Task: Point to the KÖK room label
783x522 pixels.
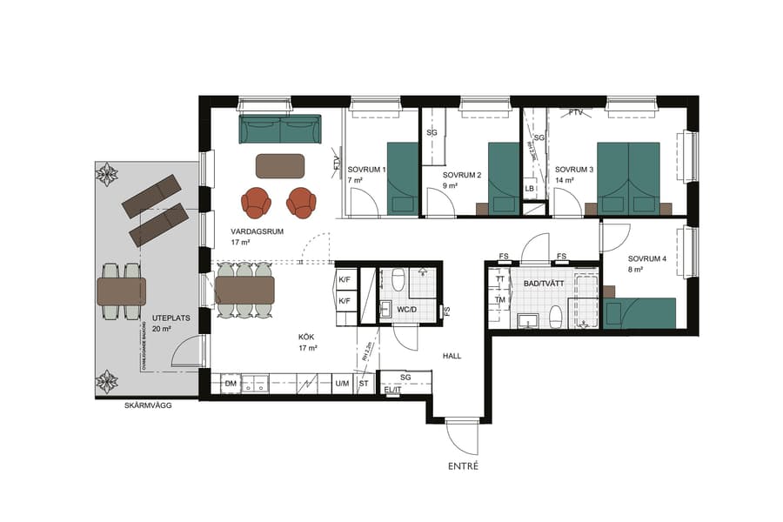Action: coord(305,336)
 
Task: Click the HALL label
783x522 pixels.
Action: coord(452,356)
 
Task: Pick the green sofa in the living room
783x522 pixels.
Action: coord(279,130)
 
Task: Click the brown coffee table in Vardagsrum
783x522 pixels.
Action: coord(279,165)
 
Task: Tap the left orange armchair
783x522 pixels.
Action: coord(258,202)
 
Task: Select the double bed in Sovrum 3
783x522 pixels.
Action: coord(628,177)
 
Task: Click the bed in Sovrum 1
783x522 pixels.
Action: coord(402,177)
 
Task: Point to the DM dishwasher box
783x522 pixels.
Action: coord(231,383)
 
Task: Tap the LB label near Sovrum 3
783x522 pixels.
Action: coord(529,189)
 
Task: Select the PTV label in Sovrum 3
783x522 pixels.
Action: coord(575,113)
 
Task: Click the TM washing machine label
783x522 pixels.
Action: coord(499,300)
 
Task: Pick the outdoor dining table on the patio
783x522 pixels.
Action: coord(120,291)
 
